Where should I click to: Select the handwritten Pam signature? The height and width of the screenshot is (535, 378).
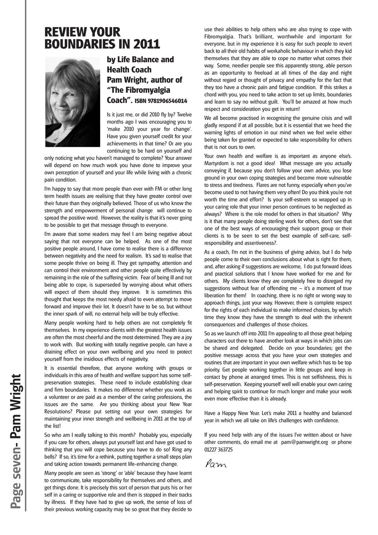click(215, 464)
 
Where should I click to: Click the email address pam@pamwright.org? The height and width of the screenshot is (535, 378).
click(304, 442)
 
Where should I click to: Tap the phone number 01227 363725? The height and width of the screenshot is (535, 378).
click(218, 449)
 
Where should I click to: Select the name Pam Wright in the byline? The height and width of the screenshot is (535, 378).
click(127, 80)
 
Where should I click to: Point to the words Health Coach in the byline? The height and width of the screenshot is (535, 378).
click(129, 69)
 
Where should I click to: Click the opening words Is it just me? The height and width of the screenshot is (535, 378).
click(122, 114)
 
